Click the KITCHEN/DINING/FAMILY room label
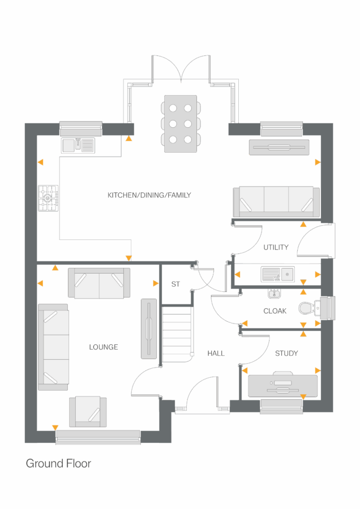pos(149,195)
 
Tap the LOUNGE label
pos(104,347)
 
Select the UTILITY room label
pos(276,247)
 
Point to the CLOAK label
pos(275,311)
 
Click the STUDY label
pos(286,353)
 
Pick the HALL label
pos(216,353)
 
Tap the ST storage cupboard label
pos(175,284)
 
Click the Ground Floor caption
pos(58,464)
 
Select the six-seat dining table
pos(181,123)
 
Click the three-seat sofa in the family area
pos(276,202)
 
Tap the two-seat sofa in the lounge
pos(99,283)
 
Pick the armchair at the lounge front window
pos(88,411)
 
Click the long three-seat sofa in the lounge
pos(54,347)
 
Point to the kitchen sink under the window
pos(78,145)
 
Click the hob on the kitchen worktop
pos(48,198)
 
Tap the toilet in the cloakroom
pos(307,308)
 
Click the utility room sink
pos(277,274)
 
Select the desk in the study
pos(282,385)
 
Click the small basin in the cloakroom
pos(274,294)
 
